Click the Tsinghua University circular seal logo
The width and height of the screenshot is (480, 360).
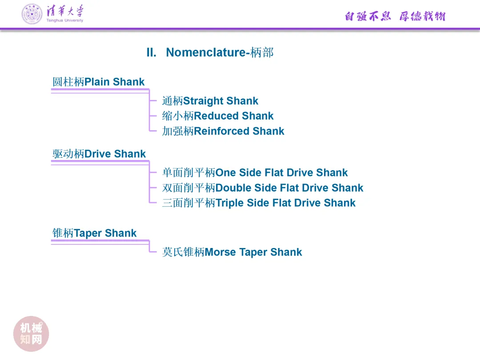pyautogui.click(x=32, y=14)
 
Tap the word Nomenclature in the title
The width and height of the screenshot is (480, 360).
pyautogui.click(x=205, y=52)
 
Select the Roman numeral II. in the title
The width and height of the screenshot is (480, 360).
pyautogui.click(x=152, y=52)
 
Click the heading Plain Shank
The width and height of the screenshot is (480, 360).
pyautogui.click(x=114, y=82)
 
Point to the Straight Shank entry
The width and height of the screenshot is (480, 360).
pyautogui.click(x=220, y=101)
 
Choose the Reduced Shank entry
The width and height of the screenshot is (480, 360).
pyautogui.click(x=233, y=116)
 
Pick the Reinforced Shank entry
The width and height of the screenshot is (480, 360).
pyautogui.click(x=239, y=131)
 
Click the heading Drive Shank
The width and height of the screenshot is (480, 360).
pyautogui.click(x=115, y=154)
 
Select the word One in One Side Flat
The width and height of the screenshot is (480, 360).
pyautogui.click(x=226, y=172)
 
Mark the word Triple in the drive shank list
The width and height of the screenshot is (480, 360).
pyautogui.click(x=230, y=203)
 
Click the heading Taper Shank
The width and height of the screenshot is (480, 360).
pyautogui.click(x=105, y=233)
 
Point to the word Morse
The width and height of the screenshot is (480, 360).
pyautogui.click(x=220, y=252)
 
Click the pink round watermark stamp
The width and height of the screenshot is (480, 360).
pyautogui.click(x=31, y=334)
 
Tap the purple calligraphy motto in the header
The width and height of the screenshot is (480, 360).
pyautogui.click(x=395, y=16)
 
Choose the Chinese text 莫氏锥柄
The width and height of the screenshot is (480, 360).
pyautogui.click(x=183, y=252)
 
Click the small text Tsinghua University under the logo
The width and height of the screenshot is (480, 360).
pyautogui.click(x=64, y=20)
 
